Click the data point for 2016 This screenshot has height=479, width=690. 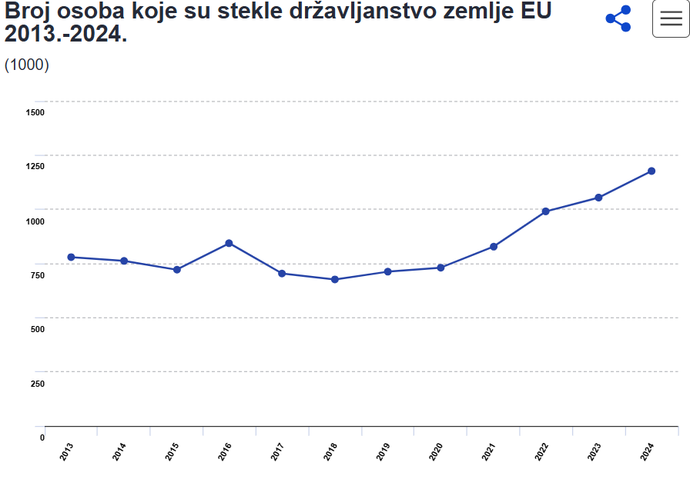(x=229, y=243)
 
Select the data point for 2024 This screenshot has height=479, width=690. (x=651, y=171)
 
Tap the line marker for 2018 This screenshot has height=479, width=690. (x=335, y=279)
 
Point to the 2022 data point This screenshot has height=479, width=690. (x=545, y=211)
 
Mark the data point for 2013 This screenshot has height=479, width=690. (x=71, y=257)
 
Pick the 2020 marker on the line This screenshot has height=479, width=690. (x=440, y=268)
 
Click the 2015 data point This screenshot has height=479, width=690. (x=176, y=269)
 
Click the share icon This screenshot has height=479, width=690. (x=618, y=18)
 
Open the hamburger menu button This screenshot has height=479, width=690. (x=671, y=19)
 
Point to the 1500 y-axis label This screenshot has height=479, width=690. (x=35, y=112)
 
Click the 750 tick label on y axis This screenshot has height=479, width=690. (x=37, y=275)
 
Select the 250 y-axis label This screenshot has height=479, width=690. (x=37, y=384)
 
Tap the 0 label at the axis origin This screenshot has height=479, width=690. (x=42, y=437)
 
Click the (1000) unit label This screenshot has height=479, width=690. (x=27, y=65)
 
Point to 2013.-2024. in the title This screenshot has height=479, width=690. (x=65, y=34)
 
